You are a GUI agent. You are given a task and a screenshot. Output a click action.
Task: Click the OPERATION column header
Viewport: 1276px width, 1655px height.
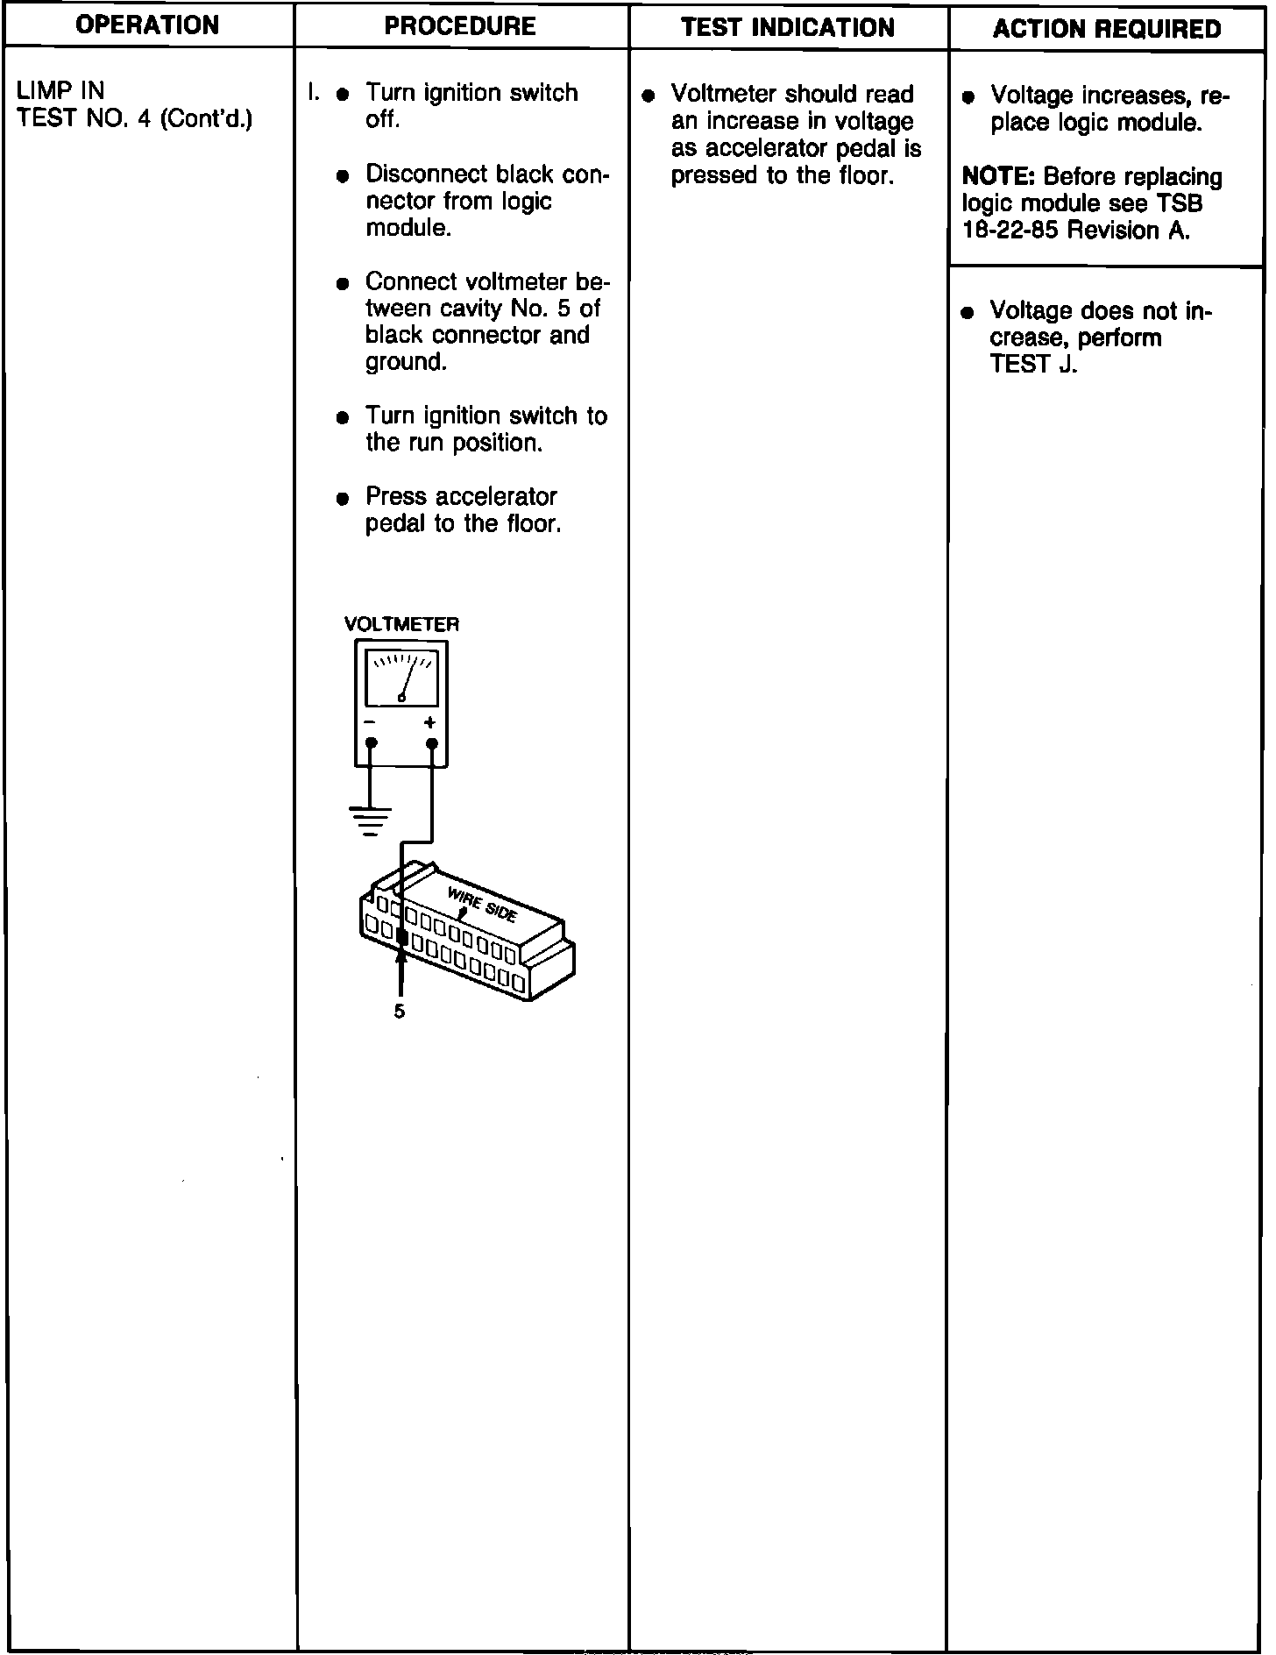click(x=147, y=25)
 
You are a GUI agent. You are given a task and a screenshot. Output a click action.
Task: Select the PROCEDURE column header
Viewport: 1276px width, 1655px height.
click(x=460, y=25)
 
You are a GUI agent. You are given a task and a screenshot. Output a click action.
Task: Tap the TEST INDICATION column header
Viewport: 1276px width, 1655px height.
click(x=788, y=27)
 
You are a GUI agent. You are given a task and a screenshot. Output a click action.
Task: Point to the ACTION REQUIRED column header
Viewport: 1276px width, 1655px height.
click(x=1107, y=29)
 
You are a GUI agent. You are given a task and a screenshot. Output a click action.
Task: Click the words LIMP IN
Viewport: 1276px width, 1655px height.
click(x=60, y=90)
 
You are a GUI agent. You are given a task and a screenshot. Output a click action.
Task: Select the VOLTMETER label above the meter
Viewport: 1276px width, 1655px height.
click(x=401, y=625)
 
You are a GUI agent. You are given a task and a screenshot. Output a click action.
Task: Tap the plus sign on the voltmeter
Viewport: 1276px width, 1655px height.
click(x=429, y=723)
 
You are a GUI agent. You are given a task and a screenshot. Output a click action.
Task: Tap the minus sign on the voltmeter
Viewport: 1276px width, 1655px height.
click(x=370, y=723)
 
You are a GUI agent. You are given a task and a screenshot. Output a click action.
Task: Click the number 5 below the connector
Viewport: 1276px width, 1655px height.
click(x=400, y=1012)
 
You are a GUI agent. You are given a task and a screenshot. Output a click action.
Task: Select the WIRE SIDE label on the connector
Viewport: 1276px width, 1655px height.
click(x=482, y=904)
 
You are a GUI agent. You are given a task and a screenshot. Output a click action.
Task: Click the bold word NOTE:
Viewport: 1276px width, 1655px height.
click(x=999, y=177)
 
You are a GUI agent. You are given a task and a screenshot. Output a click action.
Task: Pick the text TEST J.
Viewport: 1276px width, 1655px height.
click(x=1033, y=365)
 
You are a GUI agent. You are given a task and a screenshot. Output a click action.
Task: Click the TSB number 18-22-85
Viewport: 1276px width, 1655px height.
click(x=1010, y=231)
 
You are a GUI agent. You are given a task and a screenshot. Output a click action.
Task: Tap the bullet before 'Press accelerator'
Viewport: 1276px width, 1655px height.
click(x=343, y=499)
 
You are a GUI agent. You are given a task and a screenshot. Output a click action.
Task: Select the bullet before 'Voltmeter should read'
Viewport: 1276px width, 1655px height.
click(x=649, y=96)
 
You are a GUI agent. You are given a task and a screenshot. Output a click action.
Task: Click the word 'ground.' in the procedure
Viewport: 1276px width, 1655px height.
click(x=406, y=362)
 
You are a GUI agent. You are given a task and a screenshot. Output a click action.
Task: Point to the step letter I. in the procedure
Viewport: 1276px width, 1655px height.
click(x=312, y=92)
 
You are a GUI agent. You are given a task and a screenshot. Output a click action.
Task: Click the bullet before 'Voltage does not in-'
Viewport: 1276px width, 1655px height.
click(x=968, y=313)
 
